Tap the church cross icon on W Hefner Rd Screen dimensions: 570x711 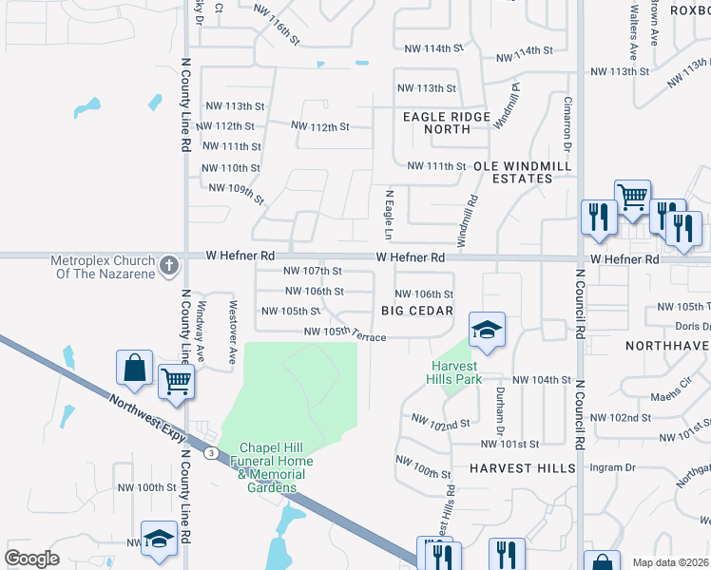(x=169, y=265)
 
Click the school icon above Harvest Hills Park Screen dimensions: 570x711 (x=487, y=329)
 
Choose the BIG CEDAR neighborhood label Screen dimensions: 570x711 (x=414, y=311)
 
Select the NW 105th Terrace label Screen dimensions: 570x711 (x=344, y=333)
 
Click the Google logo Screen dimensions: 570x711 (x=32, y=558)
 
